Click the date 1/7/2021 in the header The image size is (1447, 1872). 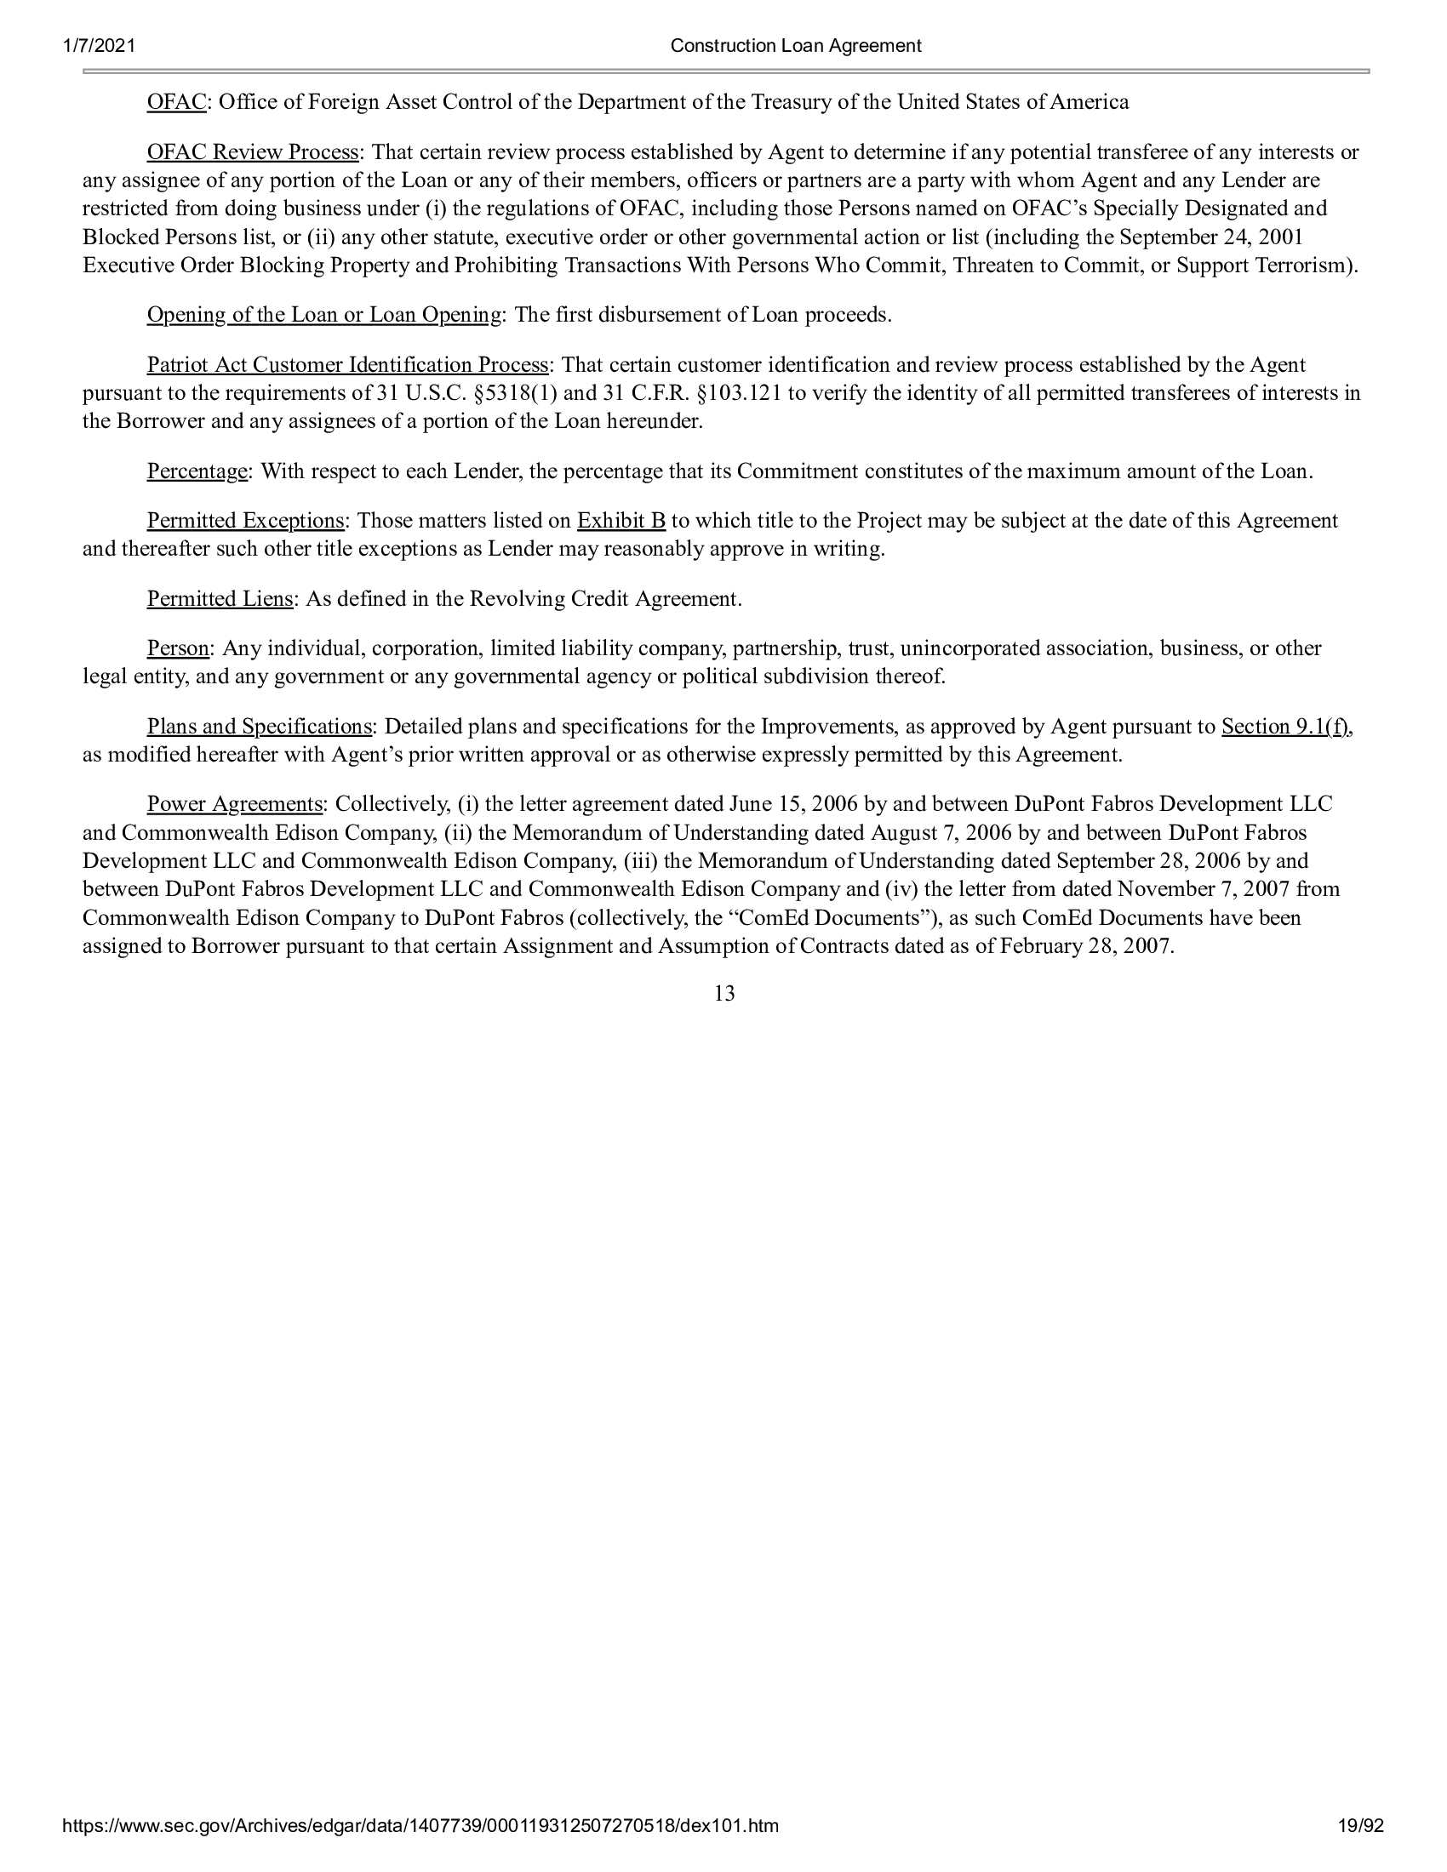99,45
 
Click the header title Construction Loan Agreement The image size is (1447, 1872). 796,45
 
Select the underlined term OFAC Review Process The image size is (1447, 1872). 253,152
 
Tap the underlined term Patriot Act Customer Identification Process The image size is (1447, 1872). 348,365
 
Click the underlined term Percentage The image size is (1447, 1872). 197,471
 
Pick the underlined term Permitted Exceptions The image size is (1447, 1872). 246,521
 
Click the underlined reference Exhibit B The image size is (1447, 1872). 621,521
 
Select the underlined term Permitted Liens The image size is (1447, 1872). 220,599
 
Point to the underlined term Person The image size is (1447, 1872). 178,649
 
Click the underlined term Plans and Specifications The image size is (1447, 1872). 260,727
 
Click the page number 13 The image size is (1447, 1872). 724,994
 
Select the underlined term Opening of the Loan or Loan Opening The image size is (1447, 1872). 324,316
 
